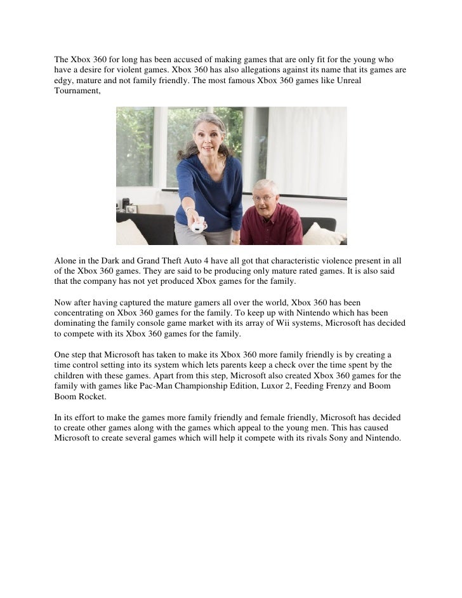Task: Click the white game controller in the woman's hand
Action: [198, 223]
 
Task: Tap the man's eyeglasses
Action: [265, 197]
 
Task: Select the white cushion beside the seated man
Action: [323, 234]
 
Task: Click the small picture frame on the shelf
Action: [131, 208]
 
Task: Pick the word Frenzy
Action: [343, 387]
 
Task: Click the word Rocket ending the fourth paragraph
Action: [92, 397]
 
